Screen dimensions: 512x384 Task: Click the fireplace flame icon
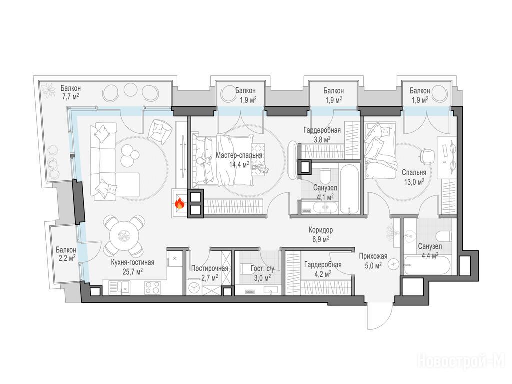click(180, 204)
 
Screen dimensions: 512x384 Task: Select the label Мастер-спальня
click(239, 156)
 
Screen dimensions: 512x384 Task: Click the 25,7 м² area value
click(132, 271)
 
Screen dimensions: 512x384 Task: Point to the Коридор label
click(321, 230)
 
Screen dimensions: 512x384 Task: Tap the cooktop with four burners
click(153, 288)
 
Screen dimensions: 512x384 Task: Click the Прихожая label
click(373, 256)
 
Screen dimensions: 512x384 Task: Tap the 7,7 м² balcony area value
click(70, 97)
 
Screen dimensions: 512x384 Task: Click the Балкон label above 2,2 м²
click(66, 250)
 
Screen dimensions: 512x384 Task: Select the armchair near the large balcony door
click(159, 129)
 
